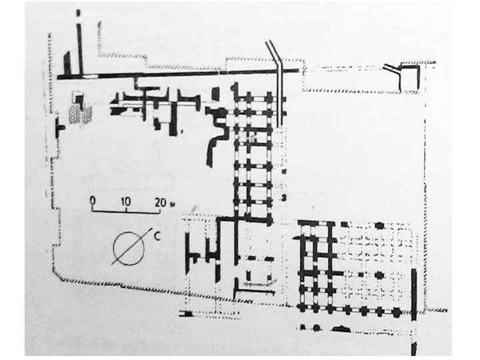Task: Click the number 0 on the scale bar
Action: click(x=93, y=200)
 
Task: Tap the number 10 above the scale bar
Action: click(x=125, y=200)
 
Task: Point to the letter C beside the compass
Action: click(x=155, y=234)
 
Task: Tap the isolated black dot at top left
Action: click(x=79, y=12)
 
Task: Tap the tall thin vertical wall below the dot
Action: click(x=79, y=43)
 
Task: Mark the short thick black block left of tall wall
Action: click(x=67, y=63)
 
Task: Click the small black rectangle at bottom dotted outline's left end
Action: click(x=189, y=314)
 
